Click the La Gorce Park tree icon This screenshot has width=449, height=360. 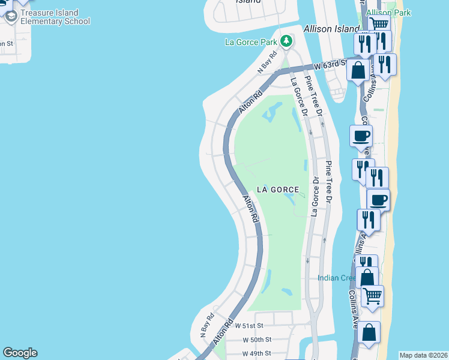(287, 41)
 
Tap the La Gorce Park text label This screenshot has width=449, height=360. (252, 42)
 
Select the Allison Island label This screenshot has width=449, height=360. (331, 29)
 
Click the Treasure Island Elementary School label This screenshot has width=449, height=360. (54, 16)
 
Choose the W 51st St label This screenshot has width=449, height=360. (249, 325)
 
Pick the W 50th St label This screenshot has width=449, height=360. (258, 340)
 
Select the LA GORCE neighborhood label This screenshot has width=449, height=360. (278, 190)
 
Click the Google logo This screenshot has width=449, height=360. (20, 353)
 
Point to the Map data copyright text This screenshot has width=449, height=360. (423, 355)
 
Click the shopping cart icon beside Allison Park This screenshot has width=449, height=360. (379, 24)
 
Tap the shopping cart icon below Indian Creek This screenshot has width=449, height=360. (372, 295)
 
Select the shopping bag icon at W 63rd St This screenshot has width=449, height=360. (358, 70)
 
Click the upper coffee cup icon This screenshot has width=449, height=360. (361, 136)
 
